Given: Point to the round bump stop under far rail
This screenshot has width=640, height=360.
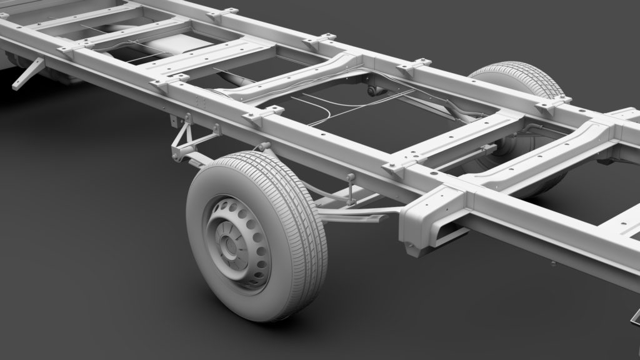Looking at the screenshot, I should tap(374, 91).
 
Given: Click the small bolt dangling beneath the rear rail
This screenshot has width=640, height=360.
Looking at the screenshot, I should tap(552, 264).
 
